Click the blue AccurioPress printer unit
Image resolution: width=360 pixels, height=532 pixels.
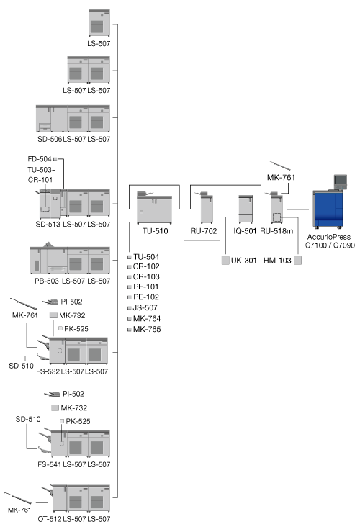tap(328, 209)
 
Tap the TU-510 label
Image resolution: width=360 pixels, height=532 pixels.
tap(155, 231)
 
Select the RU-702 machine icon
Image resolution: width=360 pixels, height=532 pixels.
tap(206, 207)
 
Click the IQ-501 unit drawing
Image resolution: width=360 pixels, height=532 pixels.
tap(246, 209)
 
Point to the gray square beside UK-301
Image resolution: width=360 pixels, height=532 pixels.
tap(225, 261)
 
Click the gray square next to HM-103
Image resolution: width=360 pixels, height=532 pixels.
tap(297, 261)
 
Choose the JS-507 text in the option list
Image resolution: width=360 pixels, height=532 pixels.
tap(145, 307)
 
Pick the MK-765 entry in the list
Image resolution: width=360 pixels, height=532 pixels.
tap(147, 329)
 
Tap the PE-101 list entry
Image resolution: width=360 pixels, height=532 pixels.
tap(146, 287)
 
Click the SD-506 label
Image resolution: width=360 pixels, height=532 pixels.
tap(50, 139)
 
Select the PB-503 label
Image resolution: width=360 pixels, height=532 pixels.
tap(47, 281)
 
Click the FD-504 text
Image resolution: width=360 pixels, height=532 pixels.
tap(40, 159)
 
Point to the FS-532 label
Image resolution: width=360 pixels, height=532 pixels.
tap(48, 371)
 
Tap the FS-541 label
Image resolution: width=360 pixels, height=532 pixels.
tap(50, 464)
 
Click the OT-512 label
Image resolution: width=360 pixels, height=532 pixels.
tap(50, 519)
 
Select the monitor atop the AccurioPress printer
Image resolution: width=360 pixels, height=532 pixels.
tap(341, 181)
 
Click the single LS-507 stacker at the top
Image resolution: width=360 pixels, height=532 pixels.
tap(99, 23)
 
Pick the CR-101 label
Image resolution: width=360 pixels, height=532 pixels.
tap(40, 180)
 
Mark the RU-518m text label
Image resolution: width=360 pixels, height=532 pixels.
tap(276, 231)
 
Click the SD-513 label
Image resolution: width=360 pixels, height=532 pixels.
tap(48, 225)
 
